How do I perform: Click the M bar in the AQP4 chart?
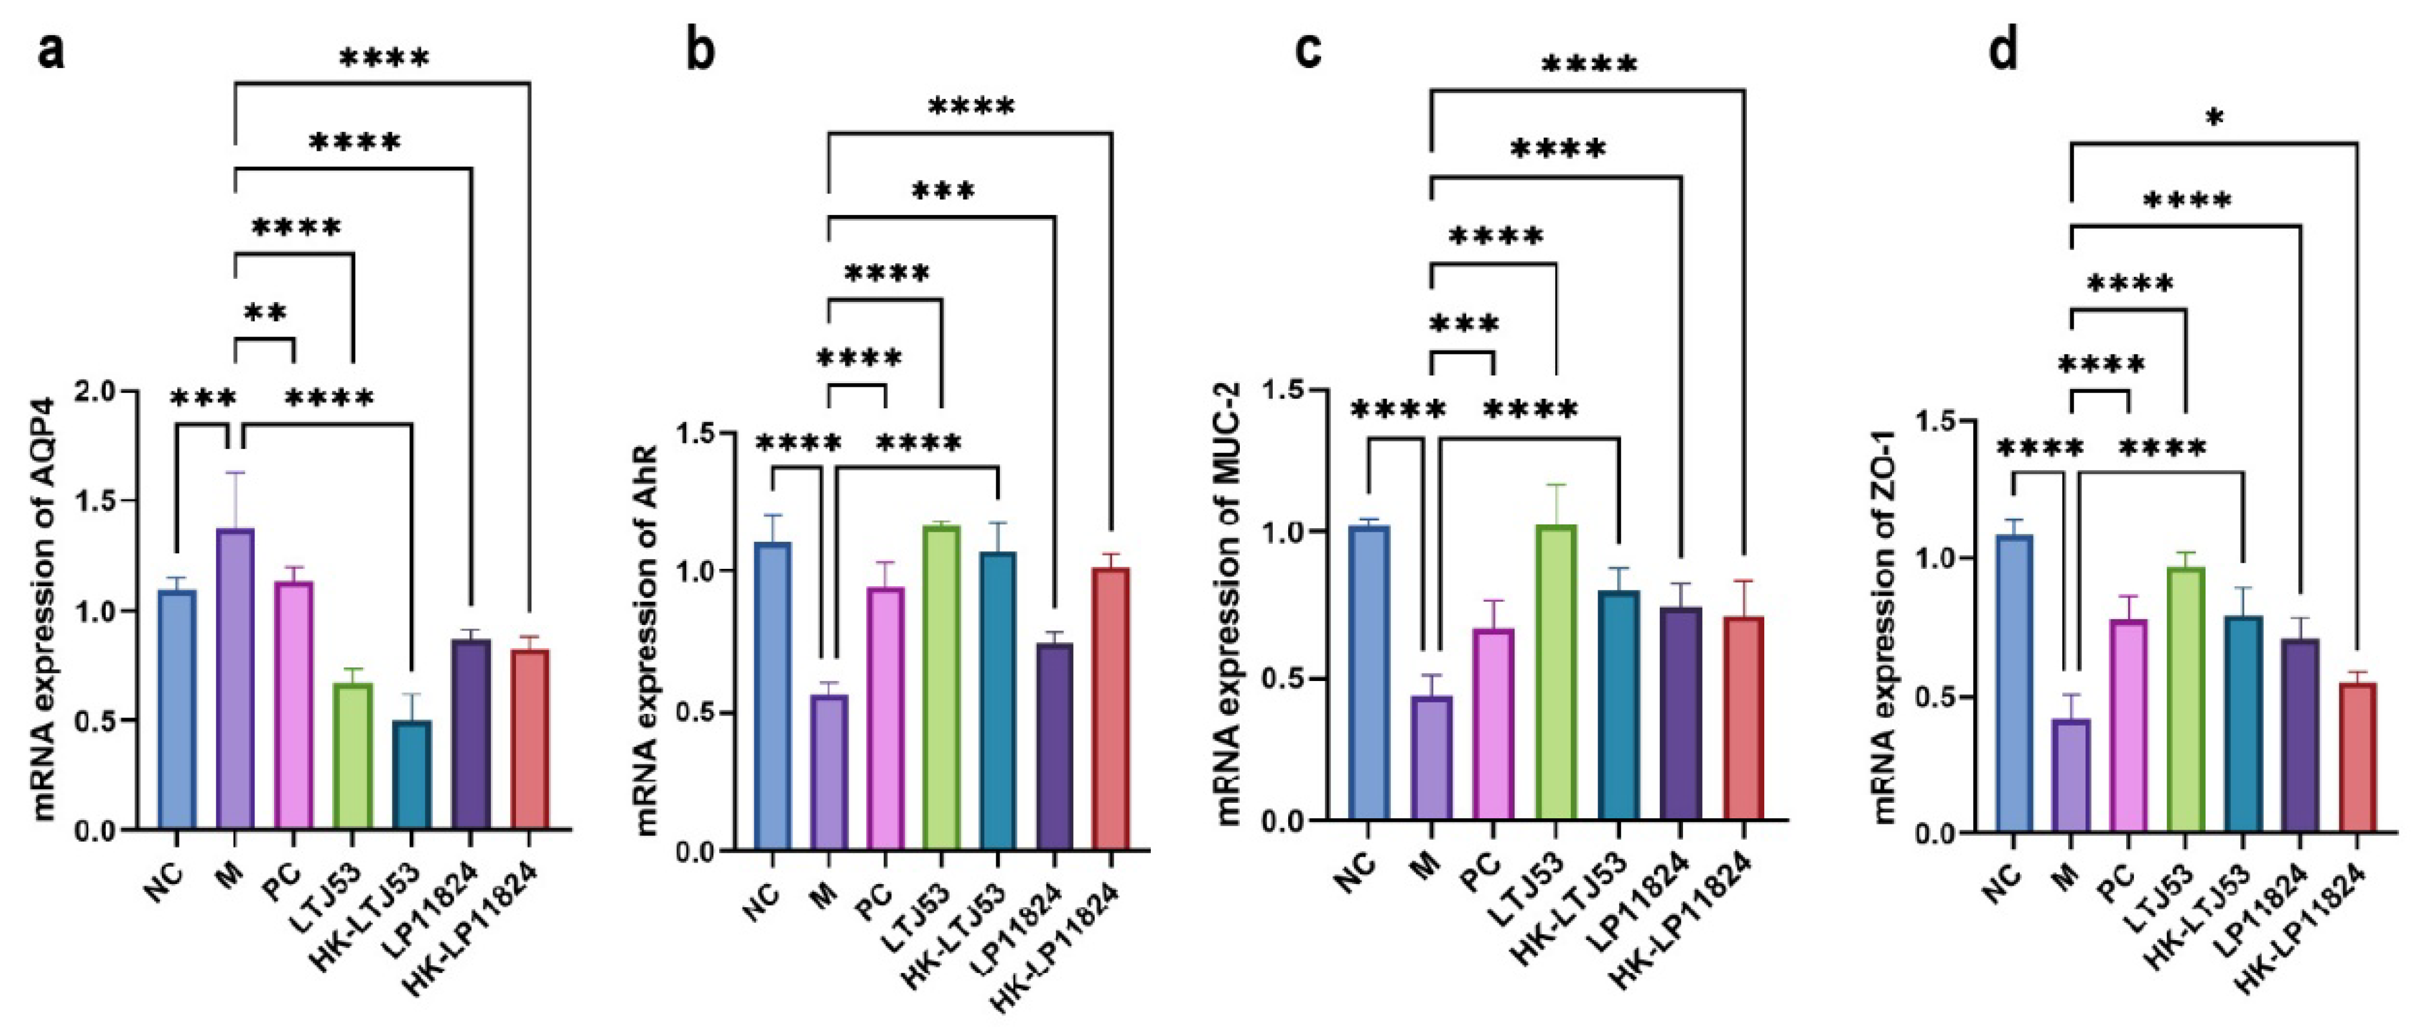(234, 679)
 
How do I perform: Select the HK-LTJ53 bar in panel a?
(411, 775)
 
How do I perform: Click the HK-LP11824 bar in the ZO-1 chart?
(2358, 758)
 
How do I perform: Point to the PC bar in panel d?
(2127, 726)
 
